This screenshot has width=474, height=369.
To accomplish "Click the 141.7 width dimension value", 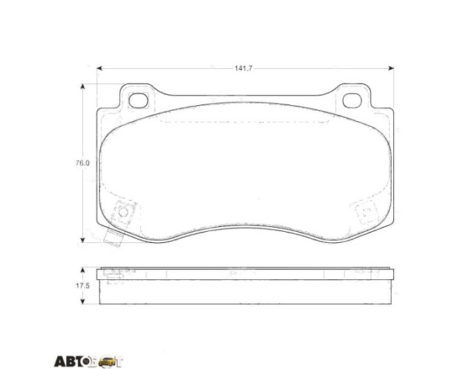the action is [x=243, y=68].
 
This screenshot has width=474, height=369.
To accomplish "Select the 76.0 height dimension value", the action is [x=82, y=163].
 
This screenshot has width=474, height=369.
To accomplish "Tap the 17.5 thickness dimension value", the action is [x=82, y=285].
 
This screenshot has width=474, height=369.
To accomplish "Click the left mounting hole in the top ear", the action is [x=138, y=100].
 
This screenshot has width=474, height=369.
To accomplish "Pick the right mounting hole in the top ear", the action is [x=352, y=100].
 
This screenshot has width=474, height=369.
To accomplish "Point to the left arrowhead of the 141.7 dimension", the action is [x=100, y=68].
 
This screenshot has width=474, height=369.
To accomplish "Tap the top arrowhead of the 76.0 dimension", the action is [x=82, y=87].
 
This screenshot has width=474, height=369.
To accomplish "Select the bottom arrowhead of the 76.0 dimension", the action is [x=82, y=240].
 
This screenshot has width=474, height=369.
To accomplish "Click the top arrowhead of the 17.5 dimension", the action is [x=82, y=270].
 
